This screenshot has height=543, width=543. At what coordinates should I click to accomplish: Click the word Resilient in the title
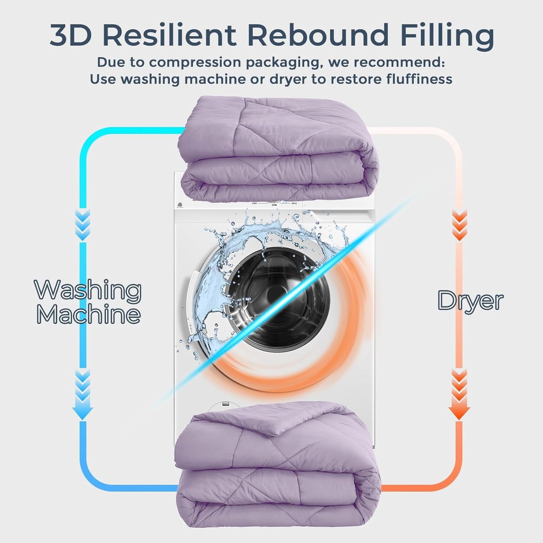(x=169, y=35)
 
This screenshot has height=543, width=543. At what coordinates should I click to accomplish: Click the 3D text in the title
(x=71, y=36)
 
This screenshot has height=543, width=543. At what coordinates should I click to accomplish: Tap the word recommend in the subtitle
(x=399, y=63)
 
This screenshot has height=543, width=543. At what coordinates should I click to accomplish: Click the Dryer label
(x=470, y=301)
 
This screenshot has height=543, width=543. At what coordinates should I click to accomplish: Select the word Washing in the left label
(x=88, y=290)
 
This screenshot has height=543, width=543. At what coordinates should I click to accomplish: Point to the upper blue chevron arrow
(x=83, y=224)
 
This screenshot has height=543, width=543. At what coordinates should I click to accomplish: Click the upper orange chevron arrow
(x=459, y=224)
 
